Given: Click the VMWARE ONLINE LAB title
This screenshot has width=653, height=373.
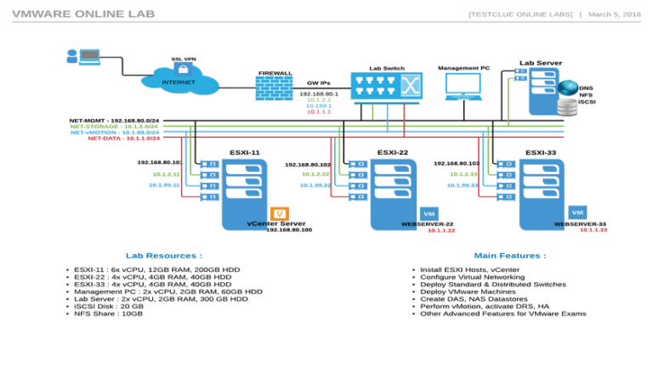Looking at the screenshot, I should (83, 14).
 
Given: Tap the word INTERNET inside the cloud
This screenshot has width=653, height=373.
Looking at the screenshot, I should (179, 82).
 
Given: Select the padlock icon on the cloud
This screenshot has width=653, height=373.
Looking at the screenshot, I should (181, 68).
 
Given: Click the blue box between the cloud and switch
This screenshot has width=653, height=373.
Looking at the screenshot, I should (274, 88).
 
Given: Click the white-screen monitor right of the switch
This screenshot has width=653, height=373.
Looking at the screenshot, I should (463, 85).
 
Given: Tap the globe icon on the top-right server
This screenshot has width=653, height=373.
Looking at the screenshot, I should (568, 87).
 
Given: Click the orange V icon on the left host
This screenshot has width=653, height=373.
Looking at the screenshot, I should (280, 214).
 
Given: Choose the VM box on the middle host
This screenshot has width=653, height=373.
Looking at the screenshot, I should (429, 214).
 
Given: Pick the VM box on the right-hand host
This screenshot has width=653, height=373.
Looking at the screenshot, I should (578, 212).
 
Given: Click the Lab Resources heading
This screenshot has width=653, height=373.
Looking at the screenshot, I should (164, 255).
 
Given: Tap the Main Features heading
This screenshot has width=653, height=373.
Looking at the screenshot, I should (510, 255).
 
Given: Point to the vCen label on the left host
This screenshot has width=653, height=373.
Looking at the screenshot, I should (257, 223).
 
